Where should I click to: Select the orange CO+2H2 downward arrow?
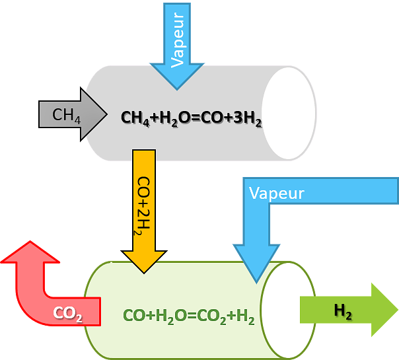point(144,205)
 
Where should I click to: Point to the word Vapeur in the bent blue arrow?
point(277,194)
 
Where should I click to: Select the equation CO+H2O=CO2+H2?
point(189,317)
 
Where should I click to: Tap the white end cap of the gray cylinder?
point(288,112)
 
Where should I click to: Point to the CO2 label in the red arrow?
point(67,314)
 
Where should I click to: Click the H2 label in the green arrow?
point(343,310)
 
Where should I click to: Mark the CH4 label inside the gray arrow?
point(66,115)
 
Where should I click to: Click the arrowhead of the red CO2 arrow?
point(27,253)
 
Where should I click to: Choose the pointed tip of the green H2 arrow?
point(395,310)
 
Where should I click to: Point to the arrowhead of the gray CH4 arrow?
point(94,114)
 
